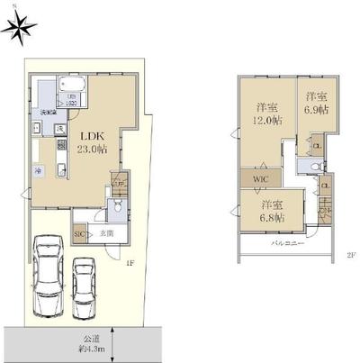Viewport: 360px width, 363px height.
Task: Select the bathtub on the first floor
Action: (70, 89)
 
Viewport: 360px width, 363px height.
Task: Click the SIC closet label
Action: (80, 234)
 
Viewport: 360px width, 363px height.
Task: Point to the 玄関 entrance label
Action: (106, 234)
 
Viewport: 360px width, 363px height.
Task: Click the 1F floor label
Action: (130, 264)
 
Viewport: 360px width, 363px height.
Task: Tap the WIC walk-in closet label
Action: (259, 179)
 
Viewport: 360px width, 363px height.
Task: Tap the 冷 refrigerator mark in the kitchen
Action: (40, 169)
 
